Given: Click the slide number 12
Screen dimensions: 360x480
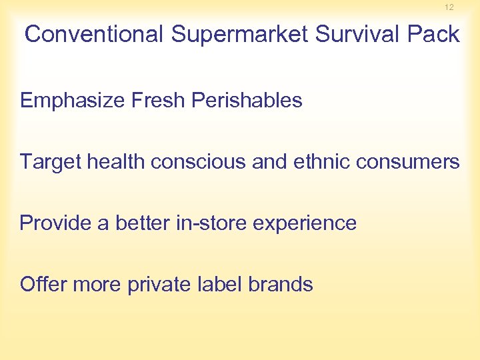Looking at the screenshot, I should pos(449,7).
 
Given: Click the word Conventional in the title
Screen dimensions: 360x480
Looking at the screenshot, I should pos(94,35).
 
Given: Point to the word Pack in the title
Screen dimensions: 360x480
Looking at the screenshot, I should pos(433,35).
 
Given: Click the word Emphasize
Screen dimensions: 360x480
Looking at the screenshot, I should pos(73,101).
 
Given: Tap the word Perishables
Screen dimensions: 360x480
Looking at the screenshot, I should pos(247,101).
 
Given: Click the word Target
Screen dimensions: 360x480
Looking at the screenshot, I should pos(49,162).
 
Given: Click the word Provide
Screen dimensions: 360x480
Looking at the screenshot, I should pos(55,223).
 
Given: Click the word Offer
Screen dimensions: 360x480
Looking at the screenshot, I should pos(43,285).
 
